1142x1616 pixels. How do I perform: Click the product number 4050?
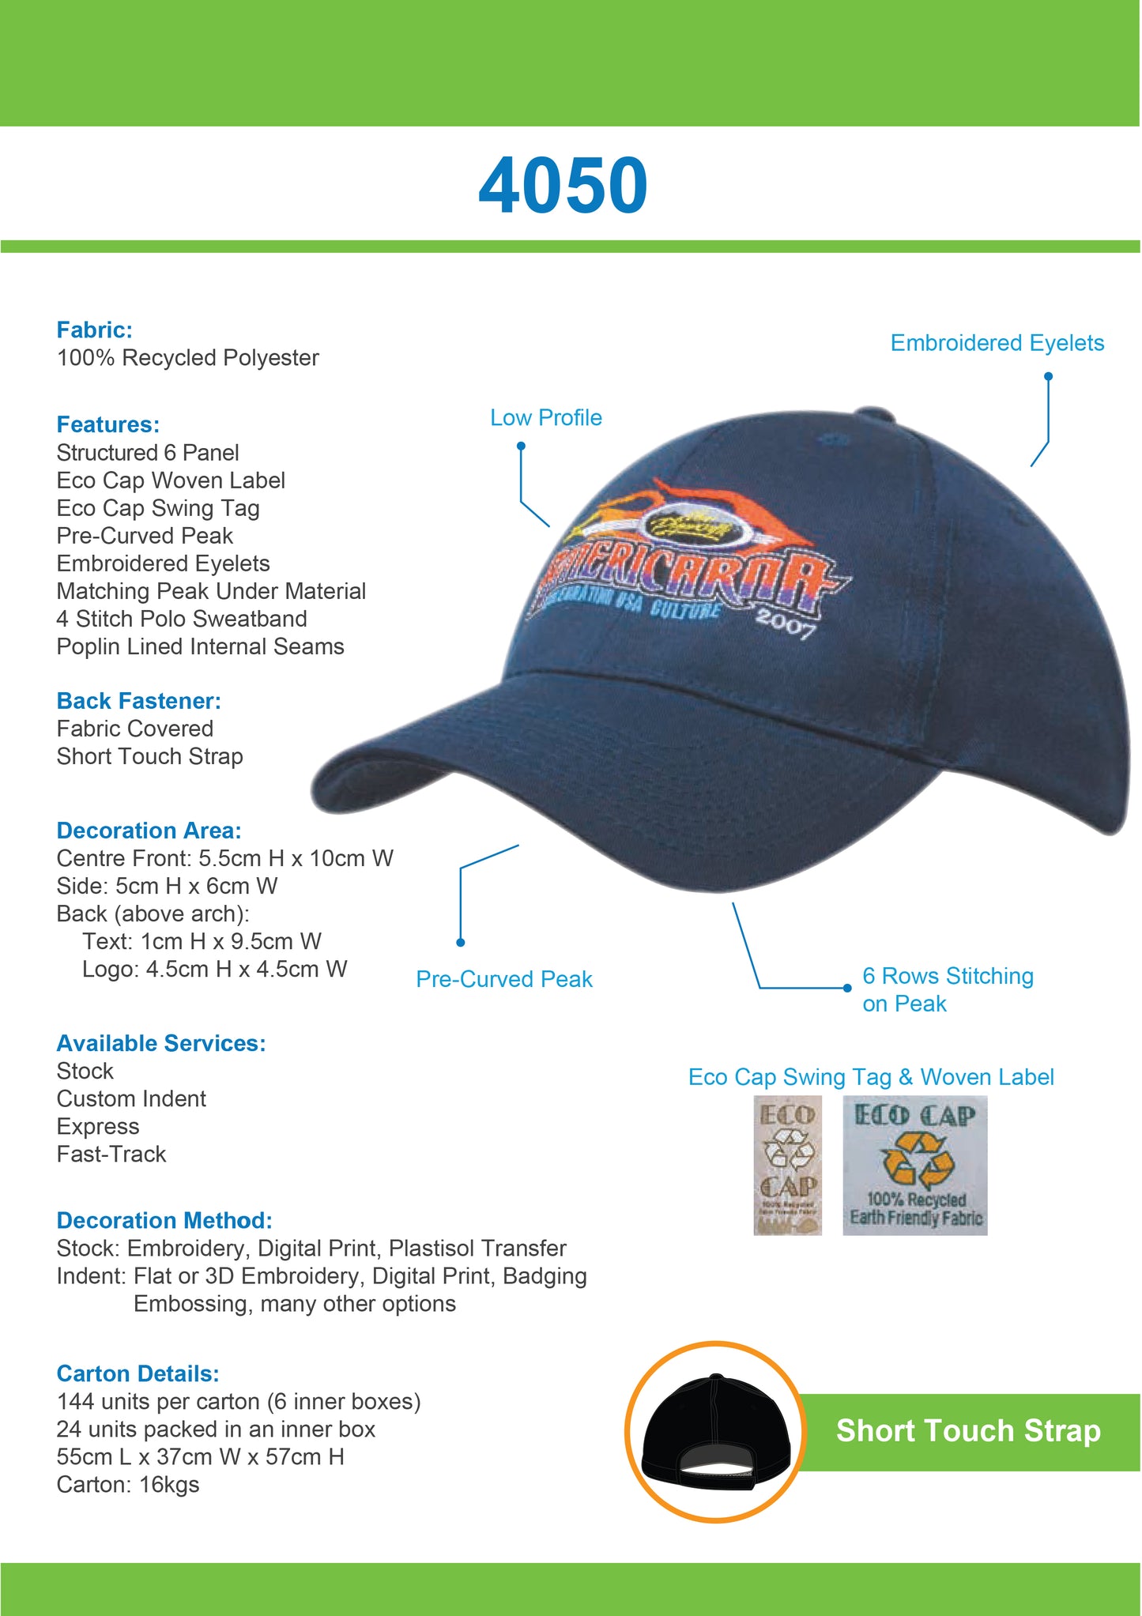(x=563, y=186)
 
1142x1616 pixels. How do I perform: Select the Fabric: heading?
(x=94, y=330)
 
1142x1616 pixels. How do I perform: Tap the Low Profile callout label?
(x=545, y=417)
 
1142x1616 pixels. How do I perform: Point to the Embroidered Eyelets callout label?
(x=997, y=343)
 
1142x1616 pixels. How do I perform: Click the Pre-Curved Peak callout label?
(x=503, y=979)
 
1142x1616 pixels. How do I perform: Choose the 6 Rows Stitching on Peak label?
(x=947, y=989)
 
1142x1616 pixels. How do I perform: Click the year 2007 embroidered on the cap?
(x=785, y=623)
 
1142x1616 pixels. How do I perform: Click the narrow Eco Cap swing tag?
(x=787, y=1165)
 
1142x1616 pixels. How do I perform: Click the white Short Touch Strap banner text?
(x=968, y=1431)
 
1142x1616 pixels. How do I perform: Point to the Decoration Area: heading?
(x=149, y=831)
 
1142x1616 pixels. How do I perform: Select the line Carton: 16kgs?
(x=127, y=1485)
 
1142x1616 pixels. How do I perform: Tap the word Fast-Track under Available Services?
(x=111, y=1154)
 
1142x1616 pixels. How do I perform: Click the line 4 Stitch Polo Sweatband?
(x=182, y=619)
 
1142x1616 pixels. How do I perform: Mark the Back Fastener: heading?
(x=138, y=701)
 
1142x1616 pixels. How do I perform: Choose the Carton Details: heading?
(x=138, y=1373)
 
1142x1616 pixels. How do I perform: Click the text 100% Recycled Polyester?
(x=187, y=357)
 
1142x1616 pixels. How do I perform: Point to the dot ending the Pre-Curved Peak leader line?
(x=461, y=942)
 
